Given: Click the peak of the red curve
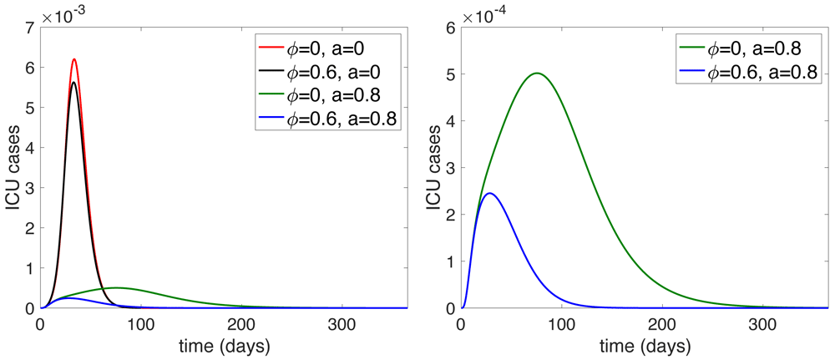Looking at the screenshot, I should pos(74,60).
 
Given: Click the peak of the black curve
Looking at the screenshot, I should pos(74,82).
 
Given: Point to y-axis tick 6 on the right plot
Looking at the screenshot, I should pos(450,28).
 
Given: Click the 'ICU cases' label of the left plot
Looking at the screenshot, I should pos(12,167).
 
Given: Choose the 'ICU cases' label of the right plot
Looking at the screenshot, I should pos(433,167).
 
